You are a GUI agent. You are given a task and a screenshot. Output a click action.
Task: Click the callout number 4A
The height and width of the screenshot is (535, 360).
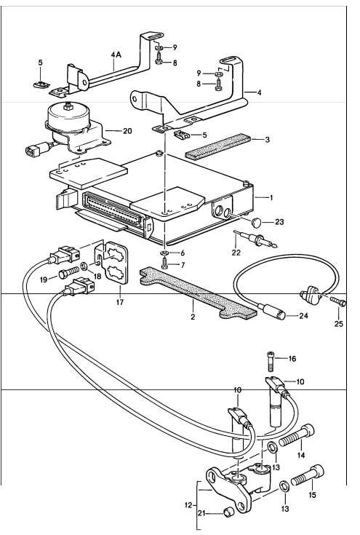pyautogui.click(x=116, y=55)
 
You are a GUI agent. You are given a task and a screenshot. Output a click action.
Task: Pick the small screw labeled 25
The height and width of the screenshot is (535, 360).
pyautogui.click(x=335, y=299)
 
